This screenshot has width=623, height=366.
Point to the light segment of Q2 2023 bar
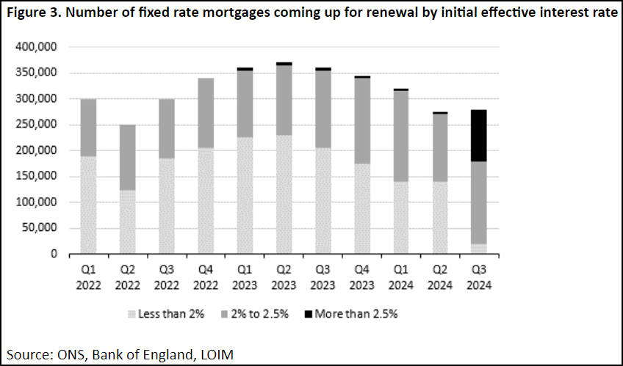pyautogui.click(x=284, y=194)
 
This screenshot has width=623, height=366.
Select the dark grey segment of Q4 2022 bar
pyautogui.click(x=205, y=113)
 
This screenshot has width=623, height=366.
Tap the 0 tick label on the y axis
pyautogui.click(x=54, y=255)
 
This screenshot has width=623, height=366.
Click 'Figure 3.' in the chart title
pyautogui.click(x=34, y=14)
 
